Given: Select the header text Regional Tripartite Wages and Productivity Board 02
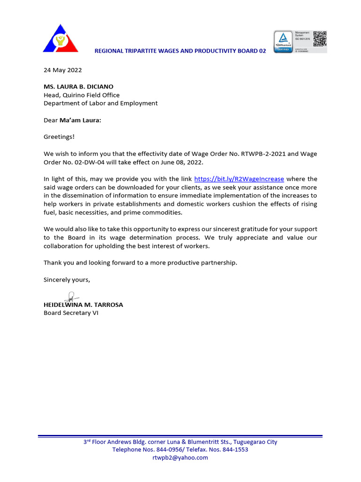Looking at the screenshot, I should pyautogui.click(x=180, y=51).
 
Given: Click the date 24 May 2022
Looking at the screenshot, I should pyautogui.click(x=63, y=70).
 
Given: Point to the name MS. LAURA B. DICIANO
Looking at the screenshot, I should pyautogui.click(x=78, y=87).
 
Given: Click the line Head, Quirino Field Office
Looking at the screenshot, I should pyautogui.click(x=82, y=95).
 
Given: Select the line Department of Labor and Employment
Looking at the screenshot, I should pyautogui.click(x=101, y=103).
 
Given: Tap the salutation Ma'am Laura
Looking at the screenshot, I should pyautogui.click(x=80, y=120).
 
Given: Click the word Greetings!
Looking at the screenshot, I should pyautogui.click(x=59, y=137).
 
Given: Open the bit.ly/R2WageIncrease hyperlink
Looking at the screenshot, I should pyautogui.click(x=239, y=179).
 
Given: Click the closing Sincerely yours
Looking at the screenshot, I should pyautogui.click(x=67, y=280).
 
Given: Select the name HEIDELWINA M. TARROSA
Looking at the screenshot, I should pyautogui.click(x=83, y=305).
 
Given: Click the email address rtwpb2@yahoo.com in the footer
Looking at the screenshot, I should pyautogui.click(x=180, y=458).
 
